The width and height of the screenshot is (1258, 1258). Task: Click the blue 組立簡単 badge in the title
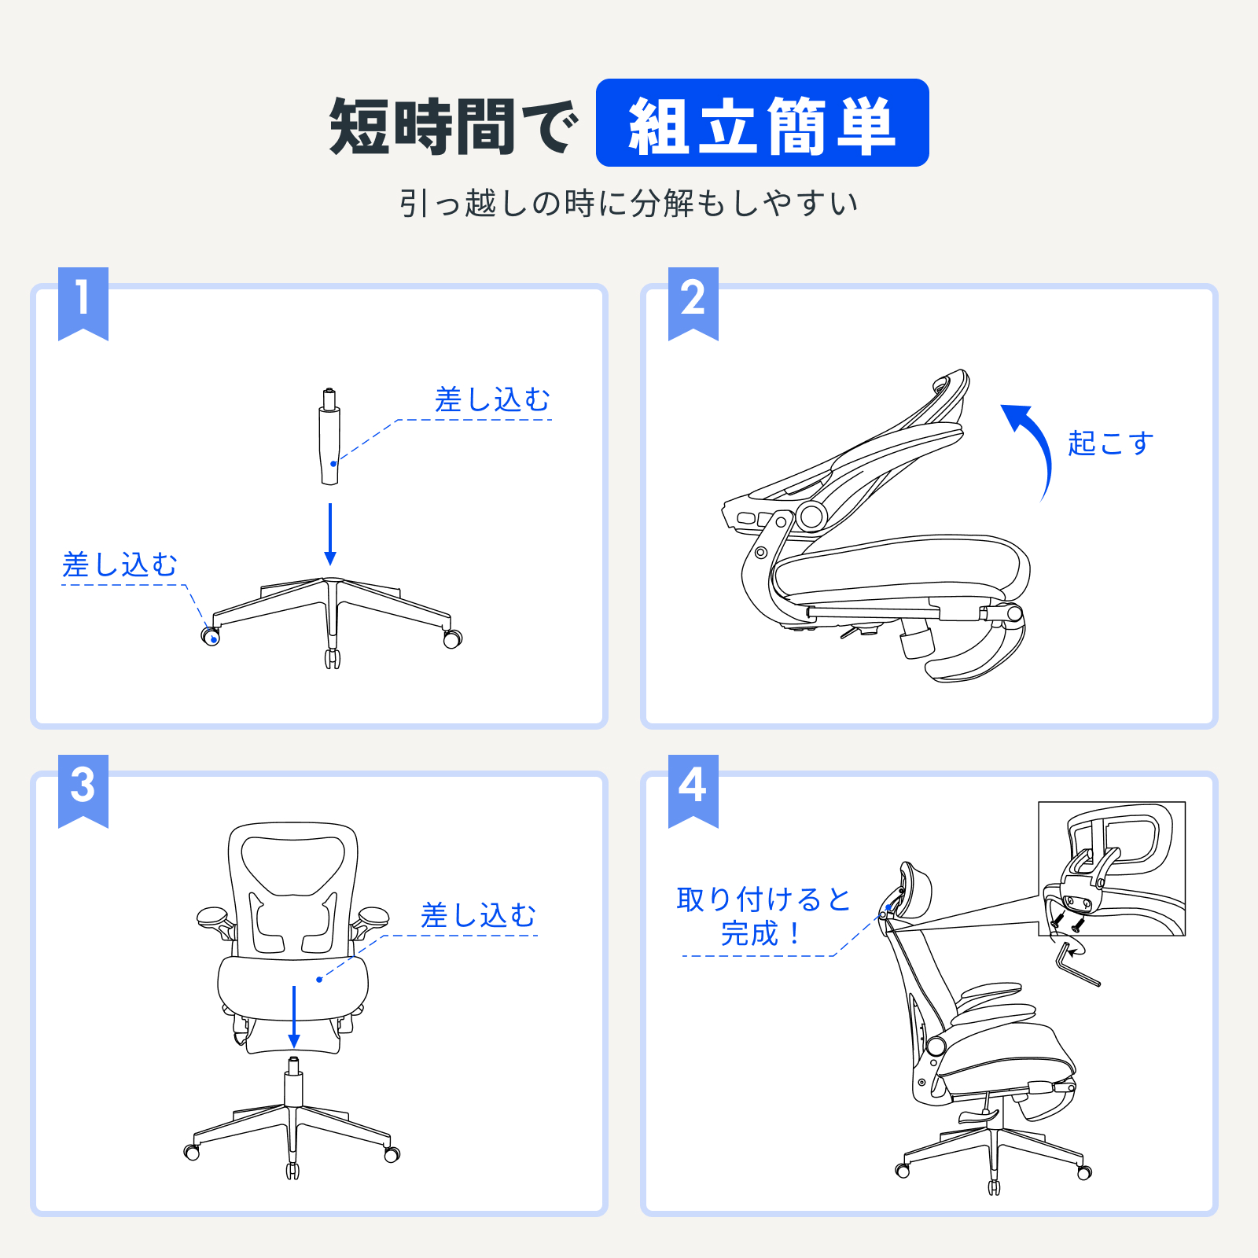tap(762, 123)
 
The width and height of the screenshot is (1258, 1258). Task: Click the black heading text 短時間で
tap(454, 126)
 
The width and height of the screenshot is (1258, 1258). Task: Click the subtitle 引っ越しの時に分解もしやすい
tap(628, 204)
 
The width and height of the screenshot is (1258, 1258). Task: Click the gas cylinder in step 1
tap(330, 440)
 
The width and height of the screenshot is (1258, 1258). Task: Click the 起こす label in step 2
tap(1110, 443)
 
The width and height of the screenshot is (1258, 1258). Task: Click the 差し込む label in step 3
tap(478, 915)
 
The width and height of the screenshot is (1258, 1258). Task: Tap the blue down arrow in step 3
tap(294, 1016)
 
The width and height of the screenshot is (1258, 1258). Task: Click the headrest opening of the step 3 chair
tap(292, 863)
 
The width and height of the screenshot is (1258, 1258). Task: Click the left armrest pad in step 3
tap(212, 916)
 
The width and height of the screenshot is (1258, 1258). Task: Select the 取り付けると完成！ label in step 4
tap(763, 916)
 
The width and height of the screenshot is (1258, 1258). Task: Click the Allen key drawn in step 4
tap(1074, 966)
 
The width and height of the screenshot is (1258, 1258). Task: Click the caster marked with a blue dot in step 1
tap(211, 637)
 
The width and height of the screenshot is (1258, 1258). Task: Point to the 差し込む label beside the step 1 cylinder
tap(492, 400)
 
